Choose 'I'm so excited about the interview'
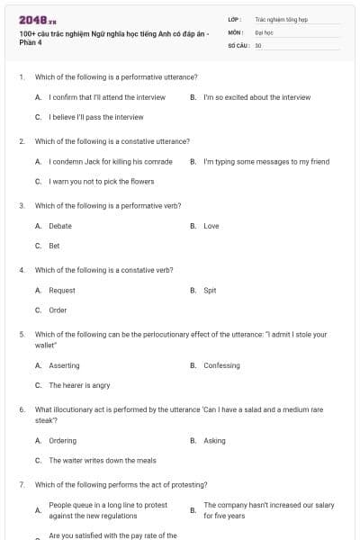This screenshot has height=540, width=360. [256, 97]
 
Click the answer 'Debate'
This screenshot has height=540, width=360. [60, 226]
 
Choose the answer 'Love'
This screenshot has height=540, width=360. [211, 226]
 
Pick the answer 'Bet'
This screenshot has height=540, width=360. [54, 246]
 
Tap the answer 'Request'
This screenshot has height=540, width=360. [62, 291]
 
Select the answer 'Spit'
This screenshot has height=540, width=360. [210, 291]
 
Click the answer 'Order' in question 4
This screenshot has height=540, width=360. [58, 310]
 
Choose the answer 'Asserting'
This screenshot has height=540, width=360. [64, 365]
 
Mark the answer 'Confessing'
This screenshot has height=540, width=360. [221, 365]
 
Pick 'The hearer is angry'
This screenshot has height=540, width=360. [79, 385]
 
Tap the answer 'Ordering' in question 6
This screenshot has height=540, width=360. [62, 441]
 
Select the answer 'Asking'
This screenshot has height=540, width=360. [214, 441]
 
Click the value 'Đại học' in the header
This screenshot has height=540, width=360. [264, 31]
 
